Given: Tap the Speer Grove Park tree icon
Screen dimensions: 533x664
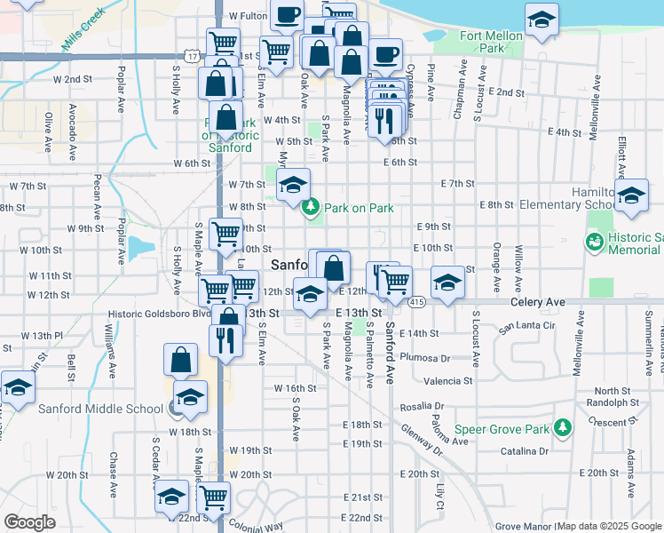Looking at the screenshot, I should pyautogui.click(x=561, y=429).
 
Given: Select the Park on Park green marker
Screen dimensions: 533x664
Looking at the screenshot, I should pyautogui.click(x=310, y=208).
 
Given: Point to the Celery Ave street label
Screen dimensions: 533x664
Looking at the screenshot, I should pyautogui.click(x=538, y=302).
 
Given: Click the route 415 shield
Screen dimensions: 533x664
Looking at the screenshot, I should pyautogui.click(x=415, y=303).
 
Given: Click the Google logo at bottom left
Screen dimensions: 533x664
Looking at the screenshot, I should pyautogui.click(x=29, y=521).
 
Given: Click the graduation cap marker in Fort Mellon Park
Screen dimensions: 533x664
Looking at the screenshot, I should pyautogui.click(x=541, y=20).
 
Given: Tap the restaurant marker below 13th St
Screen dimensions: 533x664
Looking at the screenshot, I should pyautogui.click(x=225, y=338).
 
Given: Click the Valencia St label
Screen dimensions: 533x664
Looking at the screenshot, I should pyautogui.click(x=448, y=380).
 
